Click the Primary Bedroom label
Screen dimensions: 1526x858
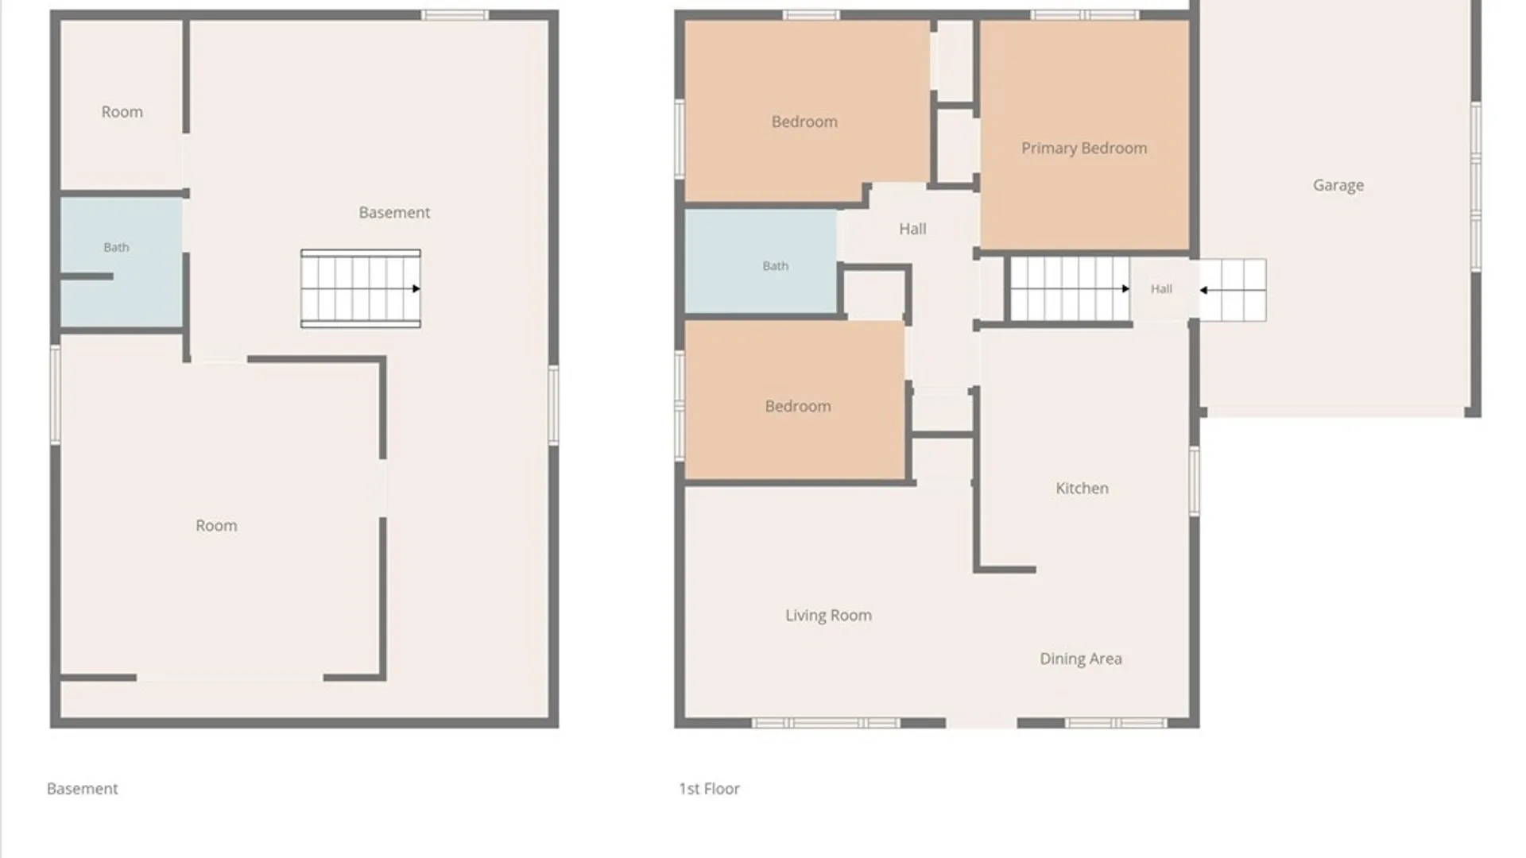point(1084,149)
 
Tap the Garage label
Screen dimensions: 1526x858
point(1338,185)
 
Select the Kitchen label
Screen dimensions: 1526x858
point(1082,488)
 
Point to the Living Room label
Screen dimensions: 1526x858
point(828,616)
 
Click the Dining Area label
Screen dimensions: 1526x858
point(1081,659)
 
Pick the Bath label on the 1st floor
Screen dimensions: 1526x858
point(776,266)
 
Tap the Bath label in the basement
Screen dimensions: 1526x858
point(116,247)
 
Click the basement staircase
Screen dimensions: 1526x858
point(361,288)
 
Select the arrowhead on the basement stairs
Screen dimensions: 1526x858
point(416,288)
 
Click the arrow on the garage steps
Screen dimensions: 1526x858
point(1232,290)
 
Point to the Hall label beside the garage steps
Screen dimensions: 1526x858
point(1161,289)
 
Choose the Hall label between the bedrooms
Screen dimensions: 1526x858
point(912,229)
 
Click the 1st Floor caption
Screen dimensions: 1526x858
point(709,789)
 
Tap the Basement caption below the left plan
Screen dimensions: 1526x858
point(82,789)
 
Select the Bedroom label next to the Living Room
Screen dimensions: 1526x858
point(798,406)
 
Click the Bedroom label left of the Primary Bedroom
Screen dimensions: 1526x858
point(804,122)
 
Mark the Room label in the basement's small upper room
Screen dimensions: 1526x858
point(122,112)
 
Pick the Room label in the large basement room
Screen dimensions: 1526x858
point(216,526)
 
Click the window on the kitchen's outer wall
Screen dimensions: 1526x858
point(1194,481)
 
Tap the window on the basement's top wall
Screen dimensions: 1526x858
point(455,15)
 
